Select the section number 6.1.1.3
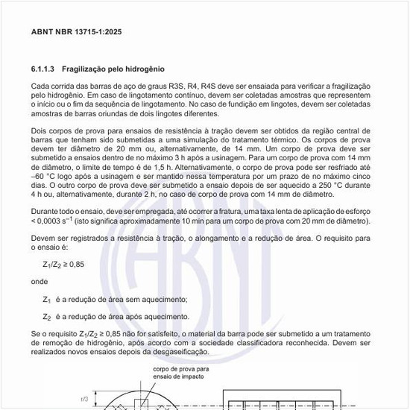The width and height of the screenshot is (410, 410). pos(43,69)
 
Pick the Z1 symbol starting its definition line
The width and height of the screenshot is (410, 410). pos(46,300)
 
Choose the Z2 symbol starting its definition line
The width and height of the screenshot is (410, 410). pos(46,317)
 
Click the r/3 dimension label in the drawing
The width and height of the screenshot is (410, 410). pos(83,400)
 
